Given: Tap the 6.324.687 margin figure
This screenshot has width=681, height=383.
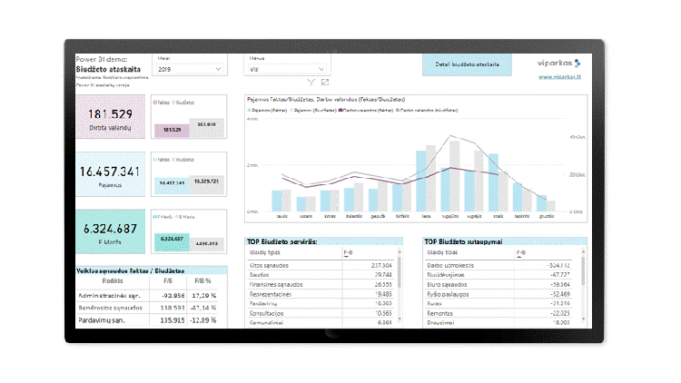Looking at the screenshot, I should [x=110, y=229].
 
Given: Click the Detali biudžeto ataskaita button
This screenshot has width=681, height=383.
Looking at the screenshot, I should [x=466, y=65].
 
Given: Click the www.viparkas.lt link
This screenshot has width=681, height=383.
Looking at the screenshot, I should [x=561, y=78].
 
